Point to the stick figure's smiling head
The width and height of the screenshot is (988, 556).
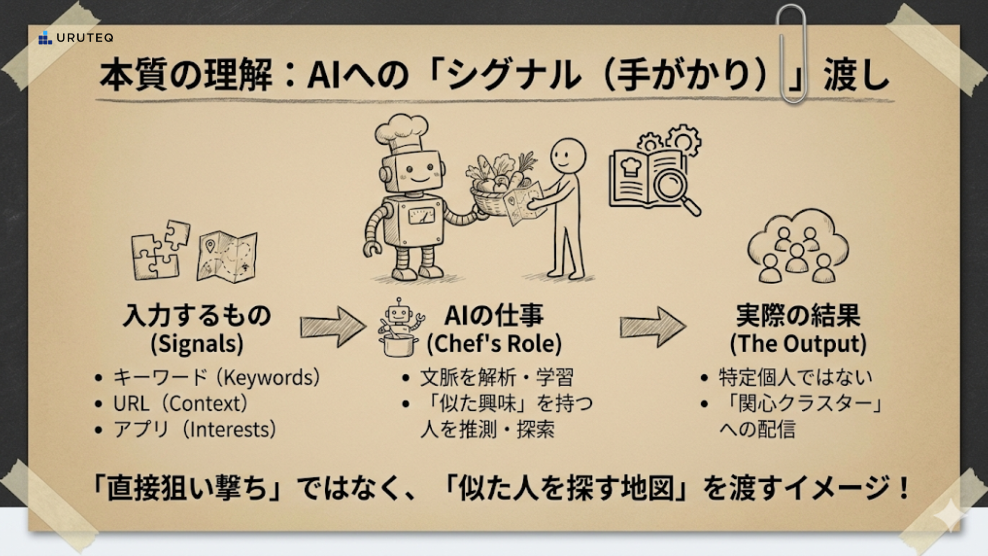tap(568, 158)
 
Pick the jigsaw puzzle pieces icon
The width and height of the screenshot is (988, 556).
tap(160, 250)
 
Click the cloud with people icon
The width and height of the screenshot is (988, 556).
tap(797, 247)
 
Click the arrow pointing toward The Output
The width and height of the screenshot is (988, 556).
tap(652, 327)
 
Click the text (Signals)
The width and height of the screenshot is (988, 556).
tap(197, 344)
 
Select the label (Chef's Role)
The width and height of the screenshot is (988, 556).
tap(494, 344)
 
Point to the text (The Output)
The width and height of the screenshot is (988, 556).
tap(798, 344)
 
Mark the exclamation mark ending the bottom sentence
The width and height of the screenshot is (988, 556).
tap(903, 488)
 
